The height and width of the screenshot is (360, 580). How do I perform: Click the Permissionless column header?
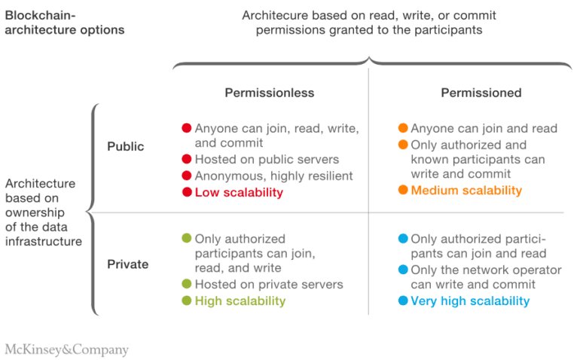click(x=270, y=93)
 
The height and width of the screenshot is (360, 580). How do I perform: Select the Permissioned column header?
click(x=481, y=93)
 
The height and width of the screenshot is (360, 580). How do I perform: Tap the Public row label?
click(x=125, y=147)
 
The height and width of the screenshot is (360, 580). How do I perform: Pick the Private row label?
click(x=127, y=264)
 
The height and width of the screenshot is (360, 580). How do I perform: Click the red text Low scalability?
click(x=239, y=192)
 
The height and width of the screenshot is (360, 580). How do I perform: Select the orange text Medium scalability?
click(x=466, y=191)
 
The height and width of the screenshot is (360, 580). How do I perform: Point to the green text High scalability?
click(x=240, y=301)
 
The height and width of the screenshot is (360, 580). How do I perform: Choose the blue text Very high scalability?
click(x=470, y=301)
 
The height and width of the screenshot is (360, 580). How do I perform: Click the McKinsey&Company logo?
click(x=66, y=349)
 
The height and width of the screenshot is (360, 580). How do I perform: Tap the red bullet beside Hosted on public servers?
click(x=187, y=159)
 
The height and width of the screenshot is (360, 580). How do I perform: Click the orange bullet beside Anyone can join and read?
click(x=403, y=128)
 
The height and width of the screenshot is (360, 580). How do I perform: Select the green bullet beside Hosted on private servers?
click(x=187, y=284)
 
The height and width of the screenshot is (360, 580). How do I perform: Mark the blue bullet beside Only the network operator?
click(x=403, y=270)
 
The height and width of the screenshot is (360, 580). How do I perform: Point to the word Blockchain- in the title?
click(x=40, y=15)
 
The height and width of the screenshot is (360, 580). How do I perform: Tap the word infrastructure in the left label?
click(x=44, y=241)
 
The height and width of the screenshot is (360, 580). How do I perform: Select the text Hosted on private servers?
click(x=269, y=284)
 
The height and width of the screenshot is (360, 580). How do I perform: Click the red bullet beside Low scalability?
click(x=187, y=192)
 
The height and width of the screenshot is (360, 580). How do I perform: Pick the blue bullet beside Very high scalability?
click(x=403, y=301)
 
